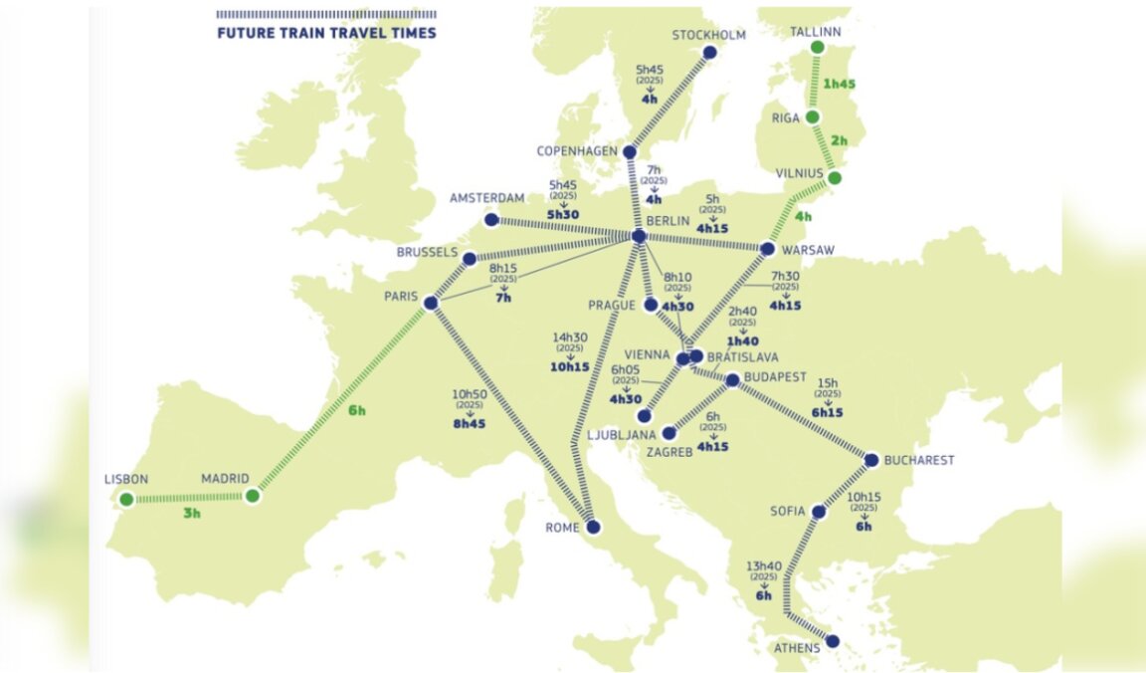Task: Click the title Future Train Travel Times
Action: [326, 33]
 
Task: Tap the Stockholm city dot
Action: [709, 53]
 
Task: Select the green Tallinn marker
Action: [817, 47]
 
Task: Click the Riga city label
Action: [786, 116]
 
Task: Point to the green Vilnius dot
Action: [835, 178]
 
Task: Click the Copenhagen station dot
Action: [630, 151]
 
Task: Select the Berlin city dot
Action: [639, 237]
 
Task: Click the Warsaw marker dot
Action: [768, 249]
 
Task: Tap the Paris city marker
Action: [431, 303]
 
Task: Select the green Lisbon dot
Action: [126, 499]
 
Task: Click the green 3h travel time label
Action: [191, 514]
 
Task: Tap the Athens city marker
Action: [833, 641]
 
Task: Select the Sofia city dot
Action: [819, 512]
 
